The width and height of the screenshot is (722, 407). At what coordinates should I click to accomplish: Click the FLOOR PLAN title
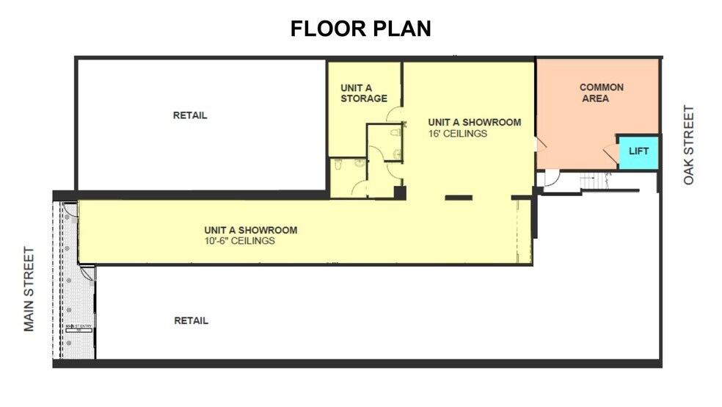pyautogui.click(x=360, y=29)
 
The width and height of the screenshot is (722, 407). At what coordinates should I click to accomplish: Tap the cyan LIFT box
pyautogui.click(x=638, y=151)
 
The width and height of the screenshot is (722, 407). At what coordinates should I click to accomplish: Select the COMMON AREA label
pyautogui.click(x=602, y=93)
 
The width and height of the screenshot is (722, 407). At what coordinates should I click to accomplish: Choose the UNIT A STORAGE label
pyautogui.click(x=363, y=93)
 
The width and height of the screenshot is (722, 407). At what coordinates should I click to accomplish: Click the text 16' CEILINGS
pyautogui.click(x=458, y=134)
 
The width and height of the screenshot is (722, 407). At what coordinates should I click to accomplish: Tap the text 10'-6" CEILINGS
pyautogui.click(x=240, y=241)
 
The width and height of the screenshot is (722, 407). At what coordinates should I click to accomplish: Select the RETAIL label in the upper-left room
pyautogui.click(x=190, y=115)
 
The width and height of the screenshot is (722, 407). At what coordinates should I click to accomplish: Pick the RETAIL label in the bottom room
pyautogui.click(x=191, y=320)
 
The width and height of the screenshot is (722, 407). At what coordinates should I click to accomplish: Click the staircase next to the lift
pyautogui.click(x=591, y=180)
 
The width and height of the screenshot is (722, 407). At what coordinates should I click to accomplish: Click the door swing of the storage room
pyautogui.click(x=395, y=114)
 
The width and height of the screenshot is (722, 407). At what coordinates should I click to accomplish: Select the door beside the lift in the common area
pyautogui.click(x=610, y=153)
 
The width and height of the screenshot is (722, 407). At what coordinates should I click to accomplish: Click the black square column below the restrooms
pyautogui.click(x=399, y=192)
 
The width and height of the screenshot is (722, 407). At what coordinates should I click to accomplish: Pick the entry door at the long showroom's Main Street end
pyautogui.click(x=70, y=210)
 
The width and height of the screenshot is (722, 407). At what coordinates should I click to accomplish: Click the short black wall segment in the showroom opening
pyautogui.click(x=458, y=197)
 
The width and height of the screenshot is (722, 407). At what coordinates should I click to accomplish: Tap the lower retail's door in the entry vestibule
pyautogui.click(x=87, y=273)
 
